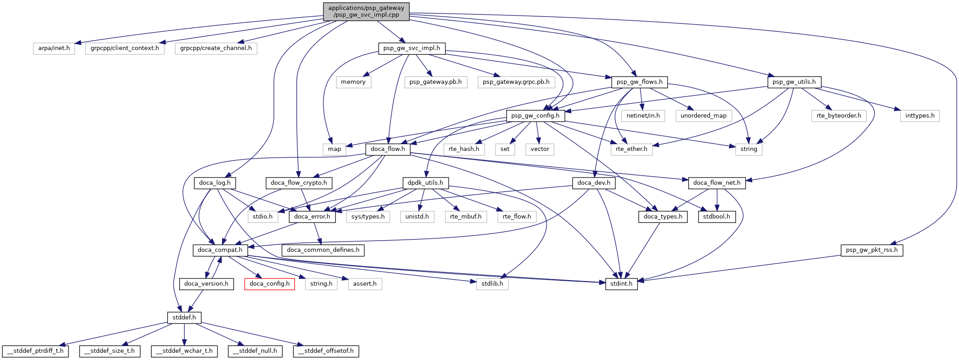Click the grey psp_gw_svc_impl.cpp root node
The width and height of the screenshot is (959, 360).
[x=366, y=11]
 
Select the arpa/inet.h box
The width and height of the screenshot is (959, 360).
[x=54, y=48]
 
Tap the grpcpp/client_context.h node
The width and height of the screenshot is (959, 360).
[x=125, y=48]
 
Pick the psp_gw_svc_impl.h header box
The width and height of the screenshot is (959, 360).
[x=412, y=48]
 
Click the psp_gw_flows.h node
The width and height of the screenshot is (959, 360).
[x=639, y=82]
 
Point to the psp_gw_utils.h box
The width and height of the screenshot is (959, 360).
[x=794, y=82]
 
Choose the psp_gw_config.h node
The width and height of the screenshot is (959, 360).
[x=535, y=116]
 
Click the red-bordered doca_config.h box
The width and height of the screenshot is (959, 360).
[x=269, y=284]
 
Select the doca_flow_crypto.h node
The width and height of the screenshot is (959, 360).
[x=299, y=183]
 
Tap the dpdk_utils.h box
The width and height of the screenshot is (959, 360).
[x=425, y=183]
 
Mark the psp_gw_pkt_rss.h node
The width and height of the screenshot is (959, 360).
[x=872, y=250]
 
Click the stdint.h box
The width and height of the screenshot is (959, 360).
[x=621, y=284]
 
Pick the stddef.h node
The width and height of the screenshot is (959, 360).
[x=184, y=318]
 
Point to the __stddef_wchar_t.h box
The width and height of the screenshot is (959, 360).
[x=184, y=351]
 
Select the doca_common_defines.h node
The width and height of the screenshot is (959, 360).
[x=323, y=250]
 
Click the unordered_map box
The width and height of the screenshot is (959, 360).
[x=703, y=116]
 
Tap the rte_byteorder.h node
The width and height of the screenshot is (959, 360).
[x=839, y=116]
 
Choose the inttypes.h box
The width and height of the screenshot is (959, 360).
[x=920, y=116]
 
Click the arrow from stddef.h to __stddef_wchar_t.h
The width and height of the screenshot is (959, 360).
[x=184, y=334]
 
